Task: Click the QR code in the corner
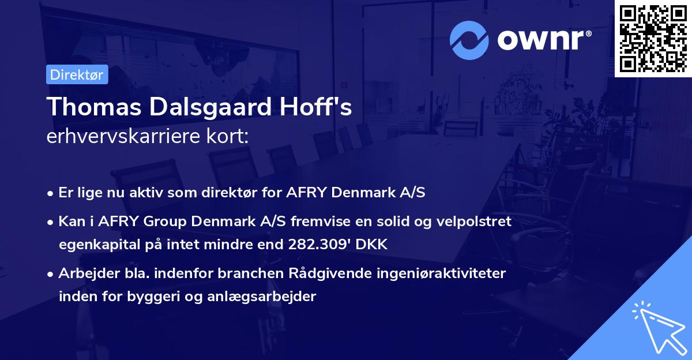(653, 38)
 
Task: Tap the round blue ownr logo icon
(469, 40)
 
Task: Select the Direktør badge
(77, 74)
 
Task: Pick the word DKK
(373, 244)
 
